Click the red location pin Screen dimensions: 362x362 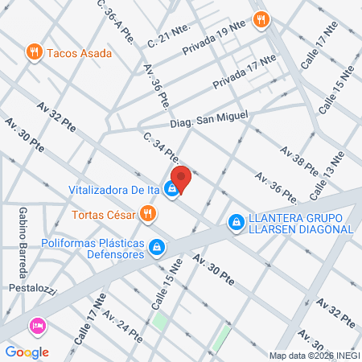(x=180, y=179)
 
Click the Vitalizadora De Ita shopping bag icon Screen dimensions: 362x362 (x=171, y=190)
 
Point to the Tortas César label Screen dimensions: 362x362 (x=101, y=215)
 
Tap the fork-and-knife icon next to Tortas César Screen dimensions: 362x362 (x=146, y=214)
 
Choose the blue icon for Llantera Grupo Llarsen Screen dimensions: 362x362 (x=236, y=221)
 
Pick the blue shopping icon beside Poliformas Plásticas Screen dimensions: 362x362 (x=159, y=249)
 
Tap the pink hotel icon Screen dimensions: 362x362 (x=36, y=327)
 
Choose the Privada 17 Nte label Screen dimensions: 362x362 (x=244, y=72)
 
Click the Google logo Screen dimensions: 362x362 (x=27, y=352)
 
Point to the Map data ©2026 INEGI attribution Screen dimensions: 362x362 (x=314, y=356)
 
